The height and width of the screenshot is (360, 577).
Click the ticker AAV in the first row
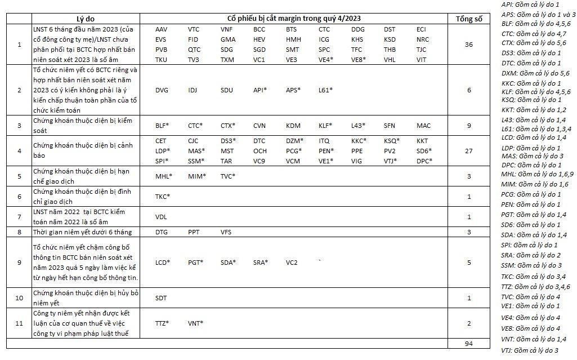coord(161,29)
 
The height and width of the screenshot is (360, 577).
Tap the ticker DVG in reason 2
coord(162,90)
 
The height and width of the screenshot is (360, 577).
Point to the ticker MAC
coord(423,126)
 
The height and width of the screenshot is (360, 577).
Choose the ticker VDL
coord(161,216)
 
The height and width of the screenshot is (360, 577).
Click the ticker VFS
coord(226,232)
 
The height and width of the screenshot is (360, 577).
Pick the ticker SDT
coord(161,297)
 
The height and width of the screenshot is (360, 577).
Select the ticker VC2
coord(292,263)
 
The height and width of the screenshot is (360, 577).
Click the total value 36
coord(468,45)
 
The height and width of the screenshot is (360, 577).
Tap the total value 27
coord(468,151)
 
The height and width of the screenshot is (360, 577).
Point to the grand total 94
coord(468,343)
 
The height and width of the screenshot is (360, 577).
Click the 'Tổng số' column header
coord(468,19)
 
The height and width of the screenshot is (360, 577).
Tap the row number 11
coord(20,323)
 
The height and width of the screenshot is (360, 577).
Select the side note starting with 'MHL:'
coord(535,174)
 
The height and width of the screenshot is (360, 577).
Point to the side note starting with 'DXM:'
coord(535,73)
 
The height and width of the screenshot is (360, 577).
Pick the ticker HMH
coord(293,39)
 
